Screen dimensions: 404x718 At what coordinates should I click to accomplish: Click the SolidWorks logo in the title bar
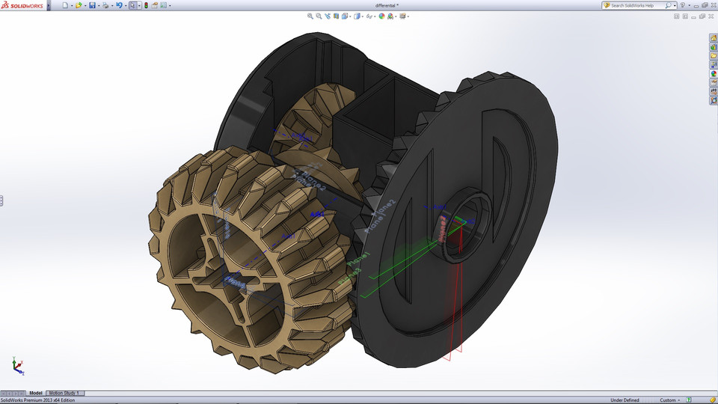23,5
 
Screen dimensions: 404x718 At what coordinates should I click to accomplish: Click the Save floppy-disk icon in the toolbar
92,5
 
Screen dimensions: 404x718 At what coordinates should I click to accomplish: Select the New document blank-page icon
65,5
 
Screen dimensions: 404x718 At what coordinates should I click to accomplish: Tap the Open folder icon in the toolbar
79,5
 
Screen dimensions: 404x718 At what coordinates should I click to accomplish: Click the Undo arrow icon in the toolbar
119,5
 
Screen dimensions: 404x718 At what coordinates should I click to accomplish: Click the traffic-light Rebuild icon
147,5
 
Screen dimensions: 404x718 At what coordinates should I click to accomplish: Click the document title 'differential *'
387,5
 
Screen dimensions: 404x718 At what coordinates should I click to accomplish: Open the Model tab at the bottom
36,393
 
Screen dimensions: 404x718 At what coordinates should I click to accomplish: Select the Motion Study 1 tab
66,393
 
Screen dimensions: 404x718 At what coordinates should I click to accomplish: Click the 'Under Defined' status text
625,400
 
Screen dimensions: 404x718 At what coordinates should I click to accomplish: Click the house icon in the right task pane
714,38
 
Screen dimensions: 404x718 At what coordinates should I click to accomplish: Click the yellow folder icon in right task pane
714,56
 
